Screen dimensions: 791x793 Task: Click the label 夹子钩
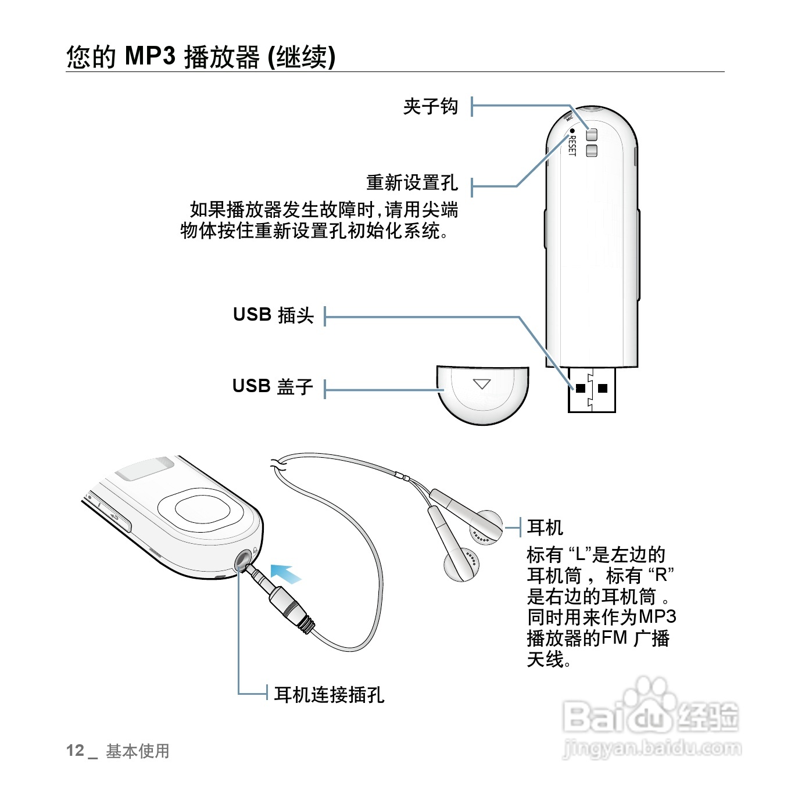tap(430, 107)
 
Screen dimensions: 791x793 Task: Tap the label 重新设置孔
tap(411, 183)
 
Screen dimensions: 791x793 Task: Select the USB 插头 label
tap(273, 315)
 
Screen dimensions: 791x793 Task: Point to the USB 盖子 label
tap(273, 386)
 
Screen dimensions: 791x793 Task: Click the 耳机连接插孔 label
tap(329, 694)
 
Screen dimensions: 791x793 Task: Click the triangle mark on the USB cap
tap(482, 384)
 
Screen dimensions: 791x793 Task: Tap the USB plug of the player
tap(591, 389)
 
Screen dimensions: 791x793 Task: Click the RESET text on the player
tap(572, 145)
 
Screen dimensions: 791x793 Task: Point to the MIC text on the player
tap(570, 119)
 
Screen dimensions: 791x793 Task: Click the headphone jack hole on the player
tap(243, 560)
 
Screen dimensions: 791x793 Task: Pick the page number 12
tap(76, 751)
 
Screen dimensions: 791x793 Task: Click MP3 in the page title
tap(150, 56)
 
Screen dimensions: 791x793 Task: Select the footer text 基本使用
tap(137, 751)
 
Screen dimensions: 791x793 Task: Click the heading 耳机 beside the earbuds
tap(545, 528)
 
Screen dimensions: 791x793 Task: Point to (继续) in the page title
tap(300, 57)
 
